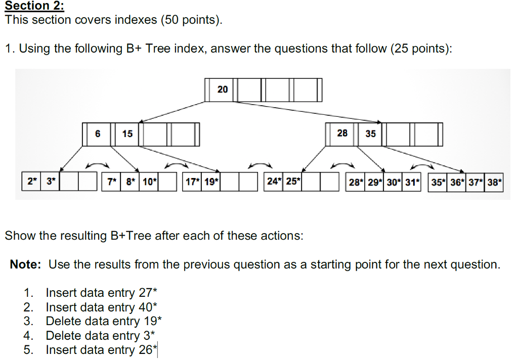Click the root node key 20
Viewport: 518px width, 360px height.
pyautogui.click(x=223, y=89)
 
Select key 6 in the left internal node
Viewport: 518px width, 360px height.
pyautogui.click(x=98, y=133)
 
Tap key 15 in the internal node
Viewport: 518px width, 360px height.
pyautogui.click(x=127, y=133)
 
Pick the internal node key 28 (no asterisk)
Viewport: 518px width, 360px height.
pyautogui.click(x=342, y=133)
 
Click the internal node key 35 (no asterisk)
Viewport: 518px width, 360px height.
pyautogui.click(x=371, y=133)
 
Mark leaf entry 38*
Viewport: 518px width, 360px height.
pyautogui.click(x=494, y=182)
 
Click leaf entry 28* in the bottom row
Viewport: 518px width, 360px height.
pyautogui.click(x=356, y=182)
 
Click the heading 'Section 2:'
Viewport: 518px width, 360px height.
pyautogui.click(x=35, y=7)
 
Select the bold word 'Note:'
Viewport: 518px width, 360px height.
pyautogui.click(x=26, y=264)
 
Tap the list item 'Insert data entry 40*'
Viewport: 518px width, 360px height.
pyautogui.click(x=102, y=307)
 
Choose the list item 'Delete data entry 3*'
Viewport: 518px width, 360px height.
pyautogui.click(x=100, y=335)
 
